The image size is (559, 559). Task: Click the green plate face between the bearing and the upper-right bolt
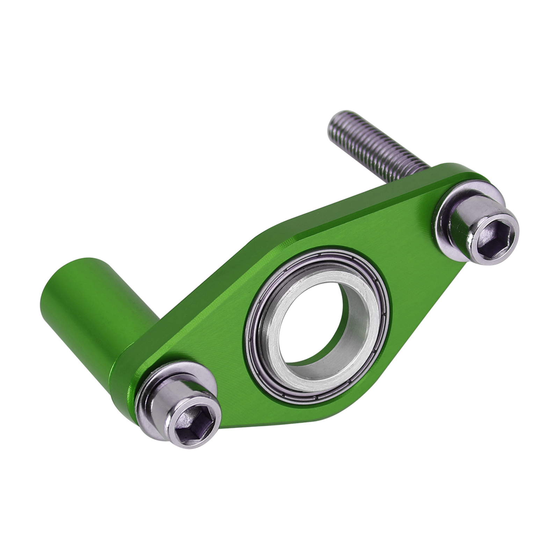pos(409,252)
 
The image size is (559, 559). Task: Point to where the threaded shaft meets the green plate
pos(424,165)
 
